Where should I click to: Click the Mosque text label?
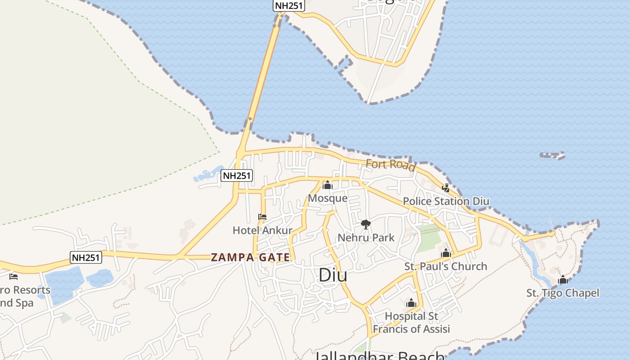click(328, 198)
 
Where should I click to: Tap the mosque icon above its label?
click(328, 185)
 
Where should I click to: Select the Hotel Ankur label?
click(262, 230)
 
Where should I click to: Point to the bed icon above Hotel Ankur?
click(262, 217)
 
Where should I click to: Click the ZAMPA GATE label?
click(251, 257)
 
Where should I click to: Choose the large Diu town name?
click(333, 275)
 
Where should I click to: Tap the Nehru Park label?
click(366, 238)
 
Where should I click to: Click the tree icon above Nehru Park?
click(366, 224)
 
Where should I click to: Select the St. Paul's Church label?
click(445, 266)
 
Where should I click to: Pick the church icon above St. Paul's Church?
click(446, 253)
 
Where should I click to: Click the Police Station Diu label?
click(445, 201)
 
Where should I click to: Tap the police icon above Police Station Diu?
click(445, 188)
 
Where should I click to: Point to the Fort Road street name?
click(390, 165)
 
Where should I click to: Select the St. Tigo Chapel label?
click(562, 293)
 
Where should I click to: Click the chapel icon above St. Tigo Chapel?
click(562, 280)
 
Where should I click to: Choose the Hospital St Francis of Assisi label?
click(411, 323)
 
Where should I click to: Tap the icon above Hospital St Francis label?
click(411, 303)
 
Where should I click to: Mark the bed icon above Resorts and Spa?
click(13, 276)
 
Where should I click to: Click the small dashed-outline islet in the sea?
click(552, 156)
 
